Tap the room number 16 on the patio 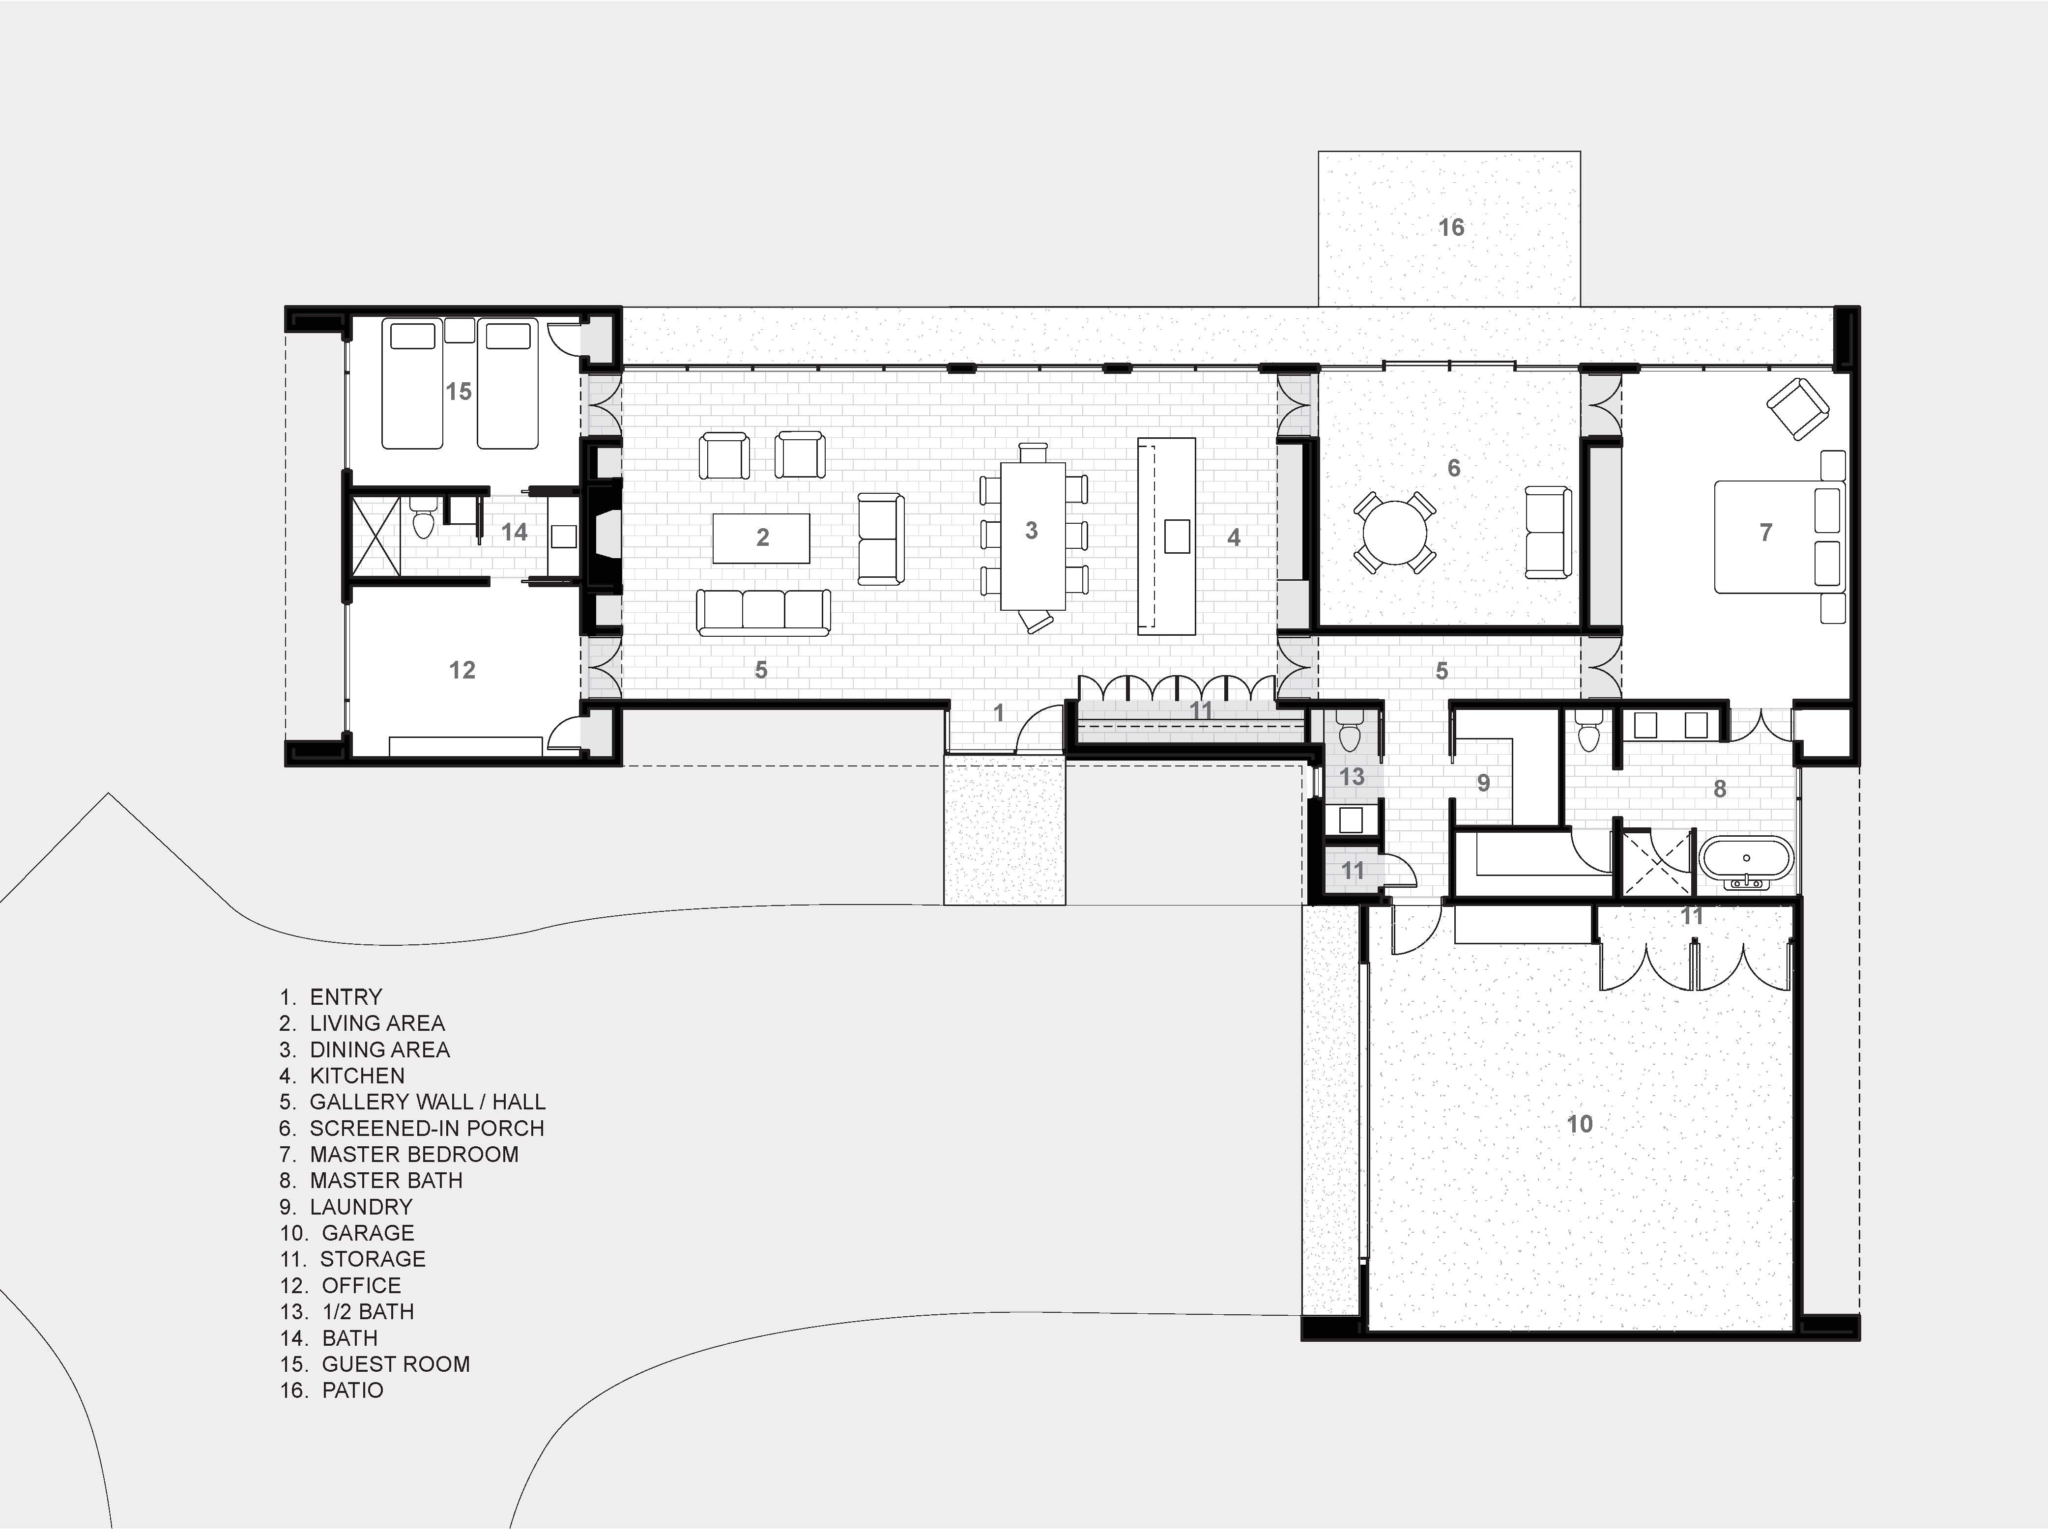[1451, 227]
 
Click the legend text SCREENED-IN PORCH [427, 1128]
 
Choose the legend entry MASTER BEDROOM [414, 1154]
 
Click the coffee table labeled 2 [761, 538]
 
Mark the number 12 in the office [462, 670]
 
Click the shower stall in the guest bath [374, 537]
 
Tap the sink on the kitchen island [1177, 536]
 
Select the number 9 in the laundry [1483, 783]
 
